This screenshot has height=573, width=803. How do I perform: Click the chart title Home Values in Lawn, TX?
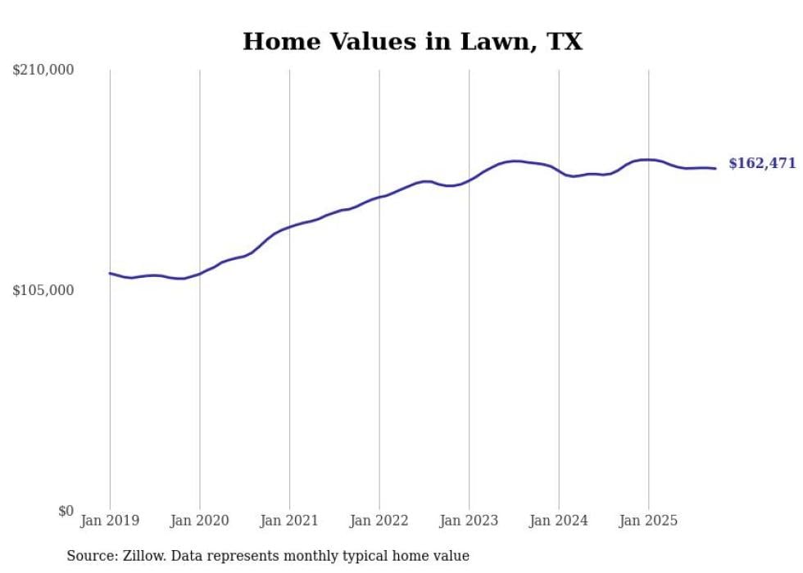tap(412, 42)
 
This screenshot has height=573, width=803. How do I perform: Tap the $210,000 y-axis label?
tap(43, 70)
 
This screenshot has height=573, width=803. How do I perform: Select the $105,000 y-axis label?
tap(43, 291)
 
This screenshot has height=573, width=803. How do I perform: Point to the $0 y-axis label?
tap(66, 512)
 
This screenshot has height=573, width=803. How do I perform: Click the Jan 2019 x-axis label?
tap(110, 521)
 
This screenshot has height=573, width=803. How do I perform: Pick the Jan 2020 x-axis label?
tap(199, 521)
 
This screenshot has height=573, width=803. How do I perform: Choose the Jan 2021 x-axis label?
tap(289, 521)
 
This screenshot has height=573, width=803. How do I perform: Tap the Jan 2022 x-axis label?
tap(379, 521)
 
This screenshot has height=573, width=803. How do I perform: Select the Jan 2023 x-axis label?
tap(469, 521)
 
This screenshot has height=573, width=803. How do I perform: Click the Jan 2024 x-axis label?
tap(559, 521)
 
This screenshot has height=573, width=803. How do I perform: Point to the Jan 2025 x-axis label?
tap(648, 521)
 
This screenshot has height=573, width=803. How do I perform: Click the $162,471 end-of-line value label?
tap(762, 164)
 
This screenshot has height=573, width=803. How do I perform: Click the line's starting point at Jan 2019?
tap(110, 273)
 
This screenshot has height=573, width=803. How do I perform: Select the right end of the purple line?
tap(715, 168)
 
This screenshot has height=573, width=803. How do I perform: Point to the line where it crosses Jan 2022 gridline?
tap(379, 197)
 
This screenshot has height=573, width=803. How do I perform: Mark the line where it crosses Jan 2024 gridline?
tap(559, 171)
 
